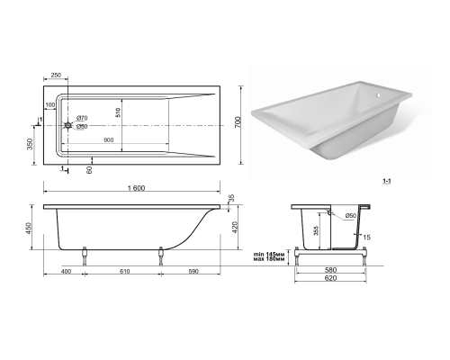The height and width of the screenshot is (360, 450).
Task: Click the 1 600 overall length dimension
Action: [x=136, y=188]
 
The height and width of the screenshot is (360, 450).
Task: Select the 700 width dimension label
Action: [x=238, y=122]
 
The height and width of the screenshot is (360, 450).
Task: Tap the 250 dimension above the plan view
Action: [x=56, y=75]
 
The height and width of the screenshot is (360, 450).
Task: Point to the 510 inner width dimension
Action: [x=118, y=112]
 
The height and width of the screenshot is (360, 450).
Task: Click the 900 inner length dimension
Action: [x=108, y=140]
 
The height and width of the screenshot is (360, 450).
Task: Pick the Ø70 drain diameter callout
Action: [x=82, y=118]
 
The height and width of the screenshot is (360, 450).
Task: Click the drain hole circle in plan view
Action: [x=68, y=125]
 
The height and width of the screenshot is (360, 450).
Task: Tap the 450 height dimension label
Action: [x=29, y=229]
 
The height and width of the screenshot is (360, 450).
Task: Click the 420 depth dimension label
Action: [x=235, y=228]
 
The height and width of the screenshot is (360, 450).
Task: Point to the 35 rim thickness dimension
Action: [x=231, y=198]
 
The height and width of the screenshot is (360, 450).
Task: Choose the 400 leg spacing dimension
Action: [x=67, y=272]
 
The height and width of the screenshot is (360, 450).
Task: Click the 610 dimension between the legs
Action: [x=125, y=272]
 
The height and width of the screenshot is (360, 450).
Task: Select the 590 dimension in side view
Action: [x=193, y=272]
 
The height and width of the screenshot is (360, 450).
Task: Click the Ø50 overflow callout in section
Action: [x=350, y=216]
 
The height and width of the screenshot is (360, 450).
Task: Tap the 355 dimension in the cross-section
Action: [x=316, y=230]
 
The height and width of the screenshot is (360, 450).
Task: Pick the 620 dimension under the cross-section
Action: [x=330, y=278]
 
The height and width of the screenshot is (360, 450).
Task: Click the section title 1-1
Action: [x=387, y=181]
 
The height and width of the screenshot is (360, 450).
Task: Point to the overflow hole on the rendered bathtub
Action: [x=379, y=96]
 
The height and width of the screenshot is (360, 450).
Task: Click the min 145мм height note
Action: [x=269, y=255]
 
